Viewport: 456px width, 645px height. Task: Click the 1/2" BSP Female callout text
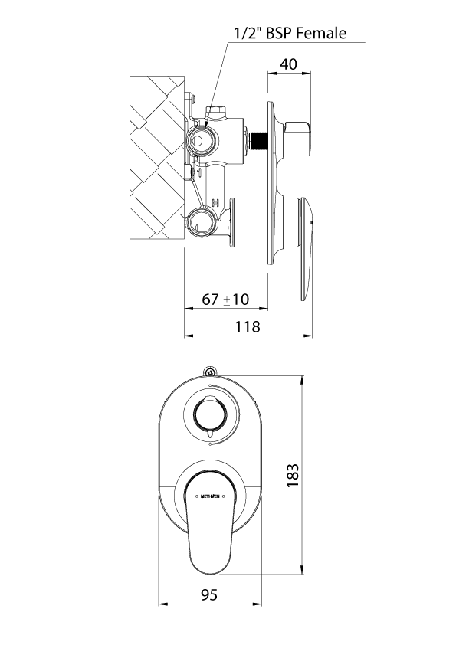290,32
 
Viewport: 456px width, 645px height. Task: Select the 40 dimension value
288,65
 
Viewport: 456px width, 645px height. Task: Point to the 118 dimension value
248,326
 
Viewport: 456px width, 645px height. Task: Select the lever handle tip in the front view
208,563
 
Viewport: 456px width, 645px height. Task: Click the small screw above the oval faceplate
209,372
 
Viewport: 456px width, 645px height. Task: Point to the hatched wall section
157,157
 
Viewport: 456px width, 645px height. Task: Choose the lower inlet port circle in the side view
201,222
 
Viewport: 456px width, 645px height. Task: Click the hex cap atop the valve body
216,113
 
